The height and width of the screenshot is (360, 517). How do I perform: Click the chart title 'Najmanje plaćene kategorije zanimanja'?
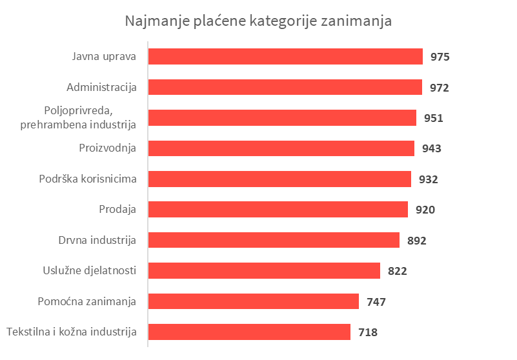[x=258, y=21]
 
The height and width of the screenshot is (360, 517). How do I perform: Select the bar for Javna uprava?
[x=285, y=57]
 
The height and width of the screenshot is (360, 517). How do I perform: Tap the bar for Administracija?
[x=285, y=87]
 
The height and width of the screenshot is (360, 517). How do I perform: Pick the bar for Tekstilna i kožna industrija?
[x=249, y=332]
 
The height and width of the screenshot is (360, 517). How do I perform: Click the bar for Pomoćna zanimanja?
[x=253, y=301]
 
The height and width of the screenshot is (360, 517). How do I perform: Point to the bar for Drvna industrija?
[x=274, y=240]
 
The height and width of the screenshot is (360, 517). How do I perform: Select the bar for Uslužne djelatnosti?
[x=264, y=271]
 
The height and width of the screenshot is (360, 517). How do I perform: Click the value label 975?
[x=440, y=57]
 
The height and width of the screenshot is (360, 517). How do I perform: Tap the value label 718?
[x=367, y=333]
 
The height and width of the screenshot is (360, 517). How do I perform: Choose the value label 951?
[x=433, y=118]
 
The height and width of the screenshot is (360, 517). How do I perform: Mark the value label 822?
[x=398, y=272]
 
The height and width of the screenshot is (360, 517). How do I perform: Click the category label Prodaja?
[x=117, y=209]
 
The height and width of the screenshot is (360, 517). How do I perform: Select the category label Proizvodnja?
[x=106, y=148]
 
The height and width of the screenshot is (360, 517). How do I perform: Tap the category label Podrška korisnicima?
[x=88, y=179]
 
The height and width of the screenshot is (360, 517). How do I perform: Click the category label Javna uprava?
[x=104, y=56]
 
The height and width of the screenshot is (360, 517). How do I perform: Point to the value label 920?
[x=425, y=210]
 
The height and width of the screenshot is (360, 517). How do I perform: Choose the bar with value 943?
[x=281, y=148]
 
